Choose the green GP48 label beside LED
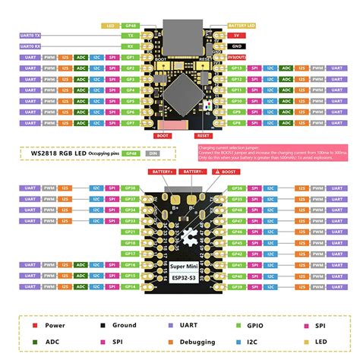(x=130, y=24)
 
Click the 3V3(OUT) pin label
(x=236, y=56)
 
